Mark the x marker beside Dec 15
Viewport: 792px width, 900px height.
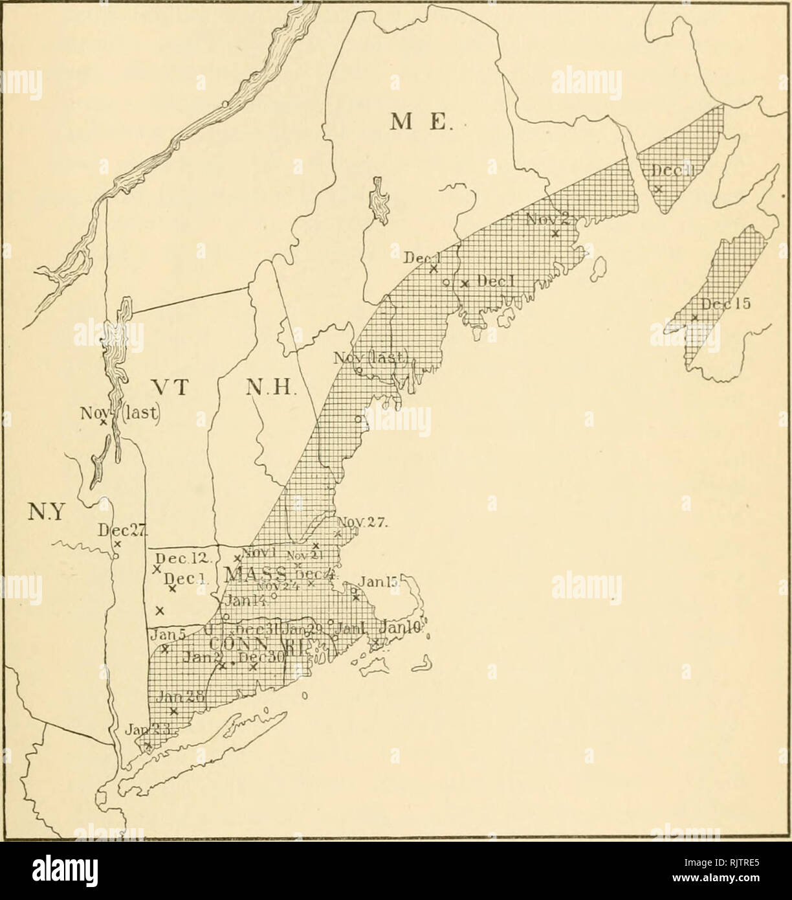pos(694,317)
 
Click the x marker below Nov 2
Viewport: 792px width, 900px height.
pos(555,234)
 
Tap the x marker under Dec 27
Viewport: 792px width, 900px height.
pos(117,544)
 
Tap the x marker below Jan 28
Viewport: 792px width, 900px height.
pos(173,711)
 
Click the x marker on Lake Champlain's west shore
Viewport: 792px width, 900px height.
pos(103,422)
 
